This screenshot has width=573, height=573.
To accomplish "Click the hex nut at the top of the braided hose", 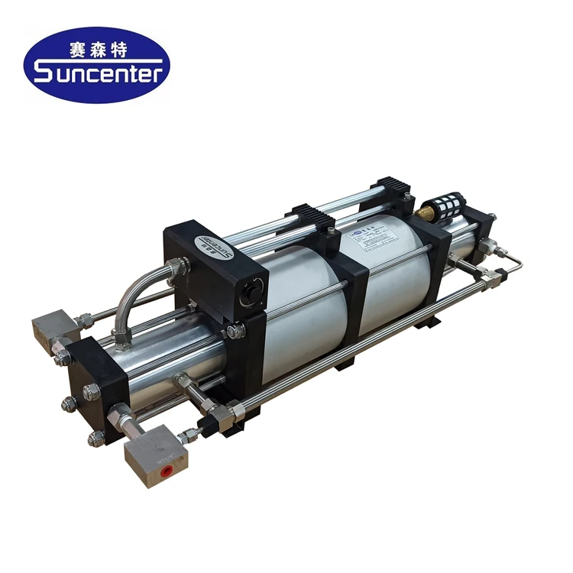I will [178, 267].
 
